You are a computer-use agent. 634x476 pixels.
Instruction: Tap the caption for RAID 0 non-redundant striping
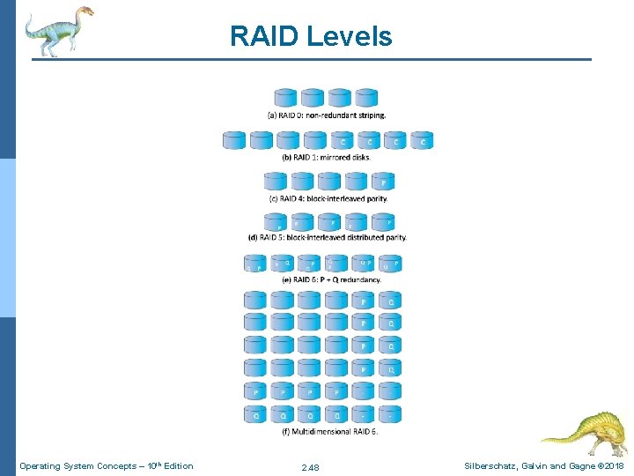(x=326, y=115)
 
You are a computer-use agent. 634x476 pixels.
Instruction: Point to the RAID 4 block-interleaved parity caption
(x=328, y=198)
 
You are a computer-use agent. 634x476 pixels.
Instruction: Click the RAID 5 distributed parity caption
(x=328, y=237)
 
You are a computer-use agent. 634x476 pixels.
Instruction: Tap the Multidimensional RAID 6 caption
(x=330, y=431)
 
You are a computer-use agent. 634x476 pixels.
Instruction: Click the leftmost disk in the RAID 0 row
(x=286, y=98)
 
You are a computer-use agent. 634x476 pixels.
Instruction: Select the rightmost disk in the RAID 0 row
(x=366, y=98)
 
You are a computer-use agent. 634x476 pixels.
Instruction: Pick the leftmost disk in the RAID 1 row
(x=234, y=140)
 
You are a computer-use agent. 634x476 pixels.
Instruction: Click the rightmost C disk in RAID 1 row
(x=423, y=140)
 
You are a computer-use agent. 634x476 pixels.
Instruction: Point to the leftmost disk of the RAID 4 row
(x=276, y=182)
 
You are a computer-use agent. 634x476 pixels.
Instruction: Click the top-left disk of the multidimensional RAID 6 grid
(x=255, y=300)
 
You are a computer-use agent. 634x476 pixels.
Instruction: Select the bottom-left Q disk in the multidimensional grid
(x=255, y=413)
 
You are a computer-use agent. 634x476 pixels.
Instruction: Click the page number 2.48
(x=310, y=467)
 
